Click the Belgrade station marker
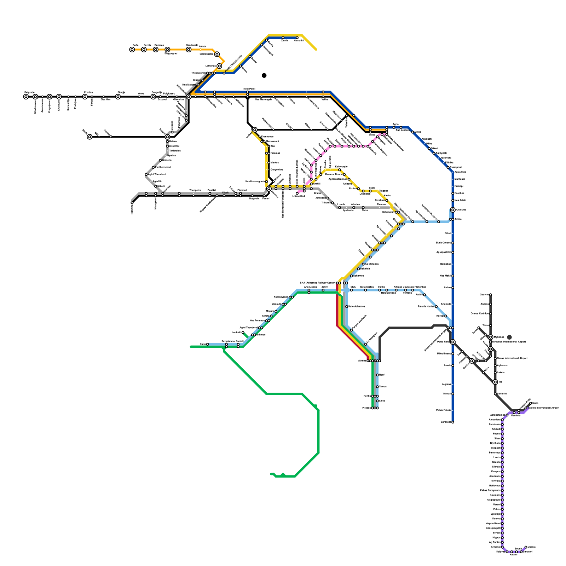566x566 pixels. pos(26,97)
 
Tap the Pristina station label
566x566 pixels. pos(88,92)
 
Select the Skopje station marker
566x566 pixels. pos(118,97)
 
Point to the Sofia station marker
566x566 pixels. pos(132,50)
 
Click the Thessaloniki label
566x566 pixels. pos(198,73)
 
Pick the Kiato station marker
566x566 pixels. pos(207,344)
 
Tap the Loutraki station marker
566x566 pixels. pos(243,333)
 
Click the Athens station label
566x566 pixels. pos(362,361)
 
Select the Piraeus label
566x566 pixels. pos(366,408)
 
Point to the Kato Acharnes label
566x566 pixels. pos(357,306)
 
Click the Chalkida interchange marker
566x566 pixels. pos(453,210)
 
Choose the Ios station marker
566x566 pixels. pos(495,382)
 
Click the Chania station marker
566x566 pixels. pos(526,547)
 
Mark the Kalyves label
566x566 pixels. pos(501,551)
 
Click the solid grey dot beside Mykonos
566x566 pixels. pos(509,337)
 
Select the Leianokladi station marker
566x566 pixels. pos(297,193)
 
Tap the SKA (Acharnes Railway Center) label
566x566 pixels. pos(318,283)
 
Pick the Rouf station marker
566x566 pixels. pos(377,375)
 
